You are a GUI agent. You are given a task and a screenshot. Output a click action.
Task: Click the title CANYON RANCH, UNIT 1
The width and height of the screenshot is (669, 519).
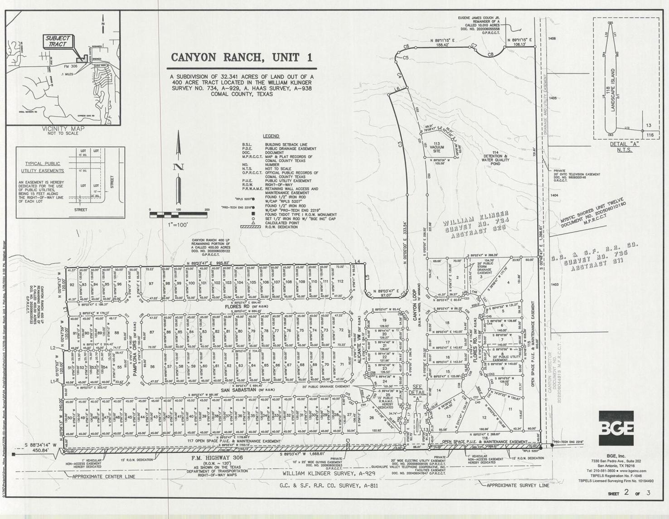click(x=242, y=58)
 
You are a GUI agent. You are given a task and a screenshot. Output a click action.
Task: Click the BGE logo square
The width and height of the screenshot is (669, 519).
click(x=616, y=428)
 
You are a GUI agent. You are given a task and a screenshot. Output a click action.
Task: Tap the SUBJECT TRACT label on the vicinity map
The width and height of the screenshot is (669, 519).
click(x=58, y=41)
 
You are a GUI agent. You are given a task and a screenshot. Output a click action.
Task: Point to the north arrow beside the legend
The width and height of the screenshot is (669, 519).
click(x=179, y=168)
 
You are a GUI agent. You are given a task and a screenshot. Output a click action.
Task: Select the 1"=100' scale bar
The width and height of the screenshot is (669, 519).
click(x=178, y=215)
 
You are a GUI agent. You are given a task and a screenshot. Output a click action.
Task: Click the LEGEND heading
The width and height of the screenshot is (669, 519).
click(x=271, y=136)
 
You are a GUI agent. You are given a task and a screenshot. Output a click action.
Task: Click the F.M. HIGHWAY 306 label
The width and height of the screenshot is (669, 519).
click(x=218, y=458)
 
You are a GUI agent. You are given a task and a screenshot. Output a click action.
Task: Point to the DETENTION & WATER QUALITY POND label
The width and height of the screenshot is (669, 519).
click(x=495, y=158)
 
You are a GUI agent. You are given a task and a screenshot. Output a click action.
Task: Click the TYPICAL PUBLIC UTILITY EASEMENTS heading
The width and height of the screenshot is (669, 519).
click(x=43, y=167)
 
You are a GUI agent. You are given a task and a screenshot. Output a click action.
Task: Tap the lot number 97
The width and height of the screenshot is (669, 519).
click(x=151, y=284)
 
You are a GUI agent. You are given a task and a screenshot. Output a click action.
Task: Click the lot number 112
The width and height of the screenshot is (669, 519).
click(x=340, y=281)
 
